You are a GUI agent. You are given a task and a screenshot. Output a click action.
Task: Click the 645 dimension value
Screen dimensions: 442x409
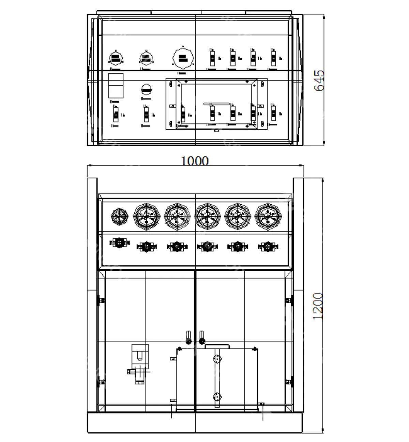click(x=319, y=80)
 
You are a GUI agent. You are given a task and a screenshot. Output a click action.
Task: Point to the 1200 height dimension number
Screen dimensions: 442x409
click(x=318, y=306)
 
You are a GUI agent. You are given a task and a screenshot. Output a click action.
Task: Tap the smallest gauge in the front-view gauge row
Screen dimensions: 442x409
click(x=120, y=216)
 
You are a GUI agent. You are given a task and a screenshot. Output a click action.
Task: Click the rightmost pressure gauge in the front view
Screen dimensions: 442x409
click(x=268, y=216)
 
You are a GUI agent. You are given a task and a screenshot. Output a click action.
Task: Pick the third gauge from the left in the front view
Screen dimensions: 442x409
click(x=177, y=216)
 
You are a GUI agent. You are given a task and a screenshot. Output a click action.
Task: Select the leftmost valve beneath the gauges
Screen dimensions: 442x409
click(x=119, y=243)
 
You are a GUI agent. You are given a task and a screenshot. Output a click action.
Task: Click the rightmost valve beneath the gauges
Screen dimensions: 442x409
click(x=268, y=246)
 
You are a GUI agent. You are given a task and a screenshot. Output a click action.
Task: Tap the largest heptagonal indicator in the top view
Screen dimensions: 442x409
click(x=183, y=58)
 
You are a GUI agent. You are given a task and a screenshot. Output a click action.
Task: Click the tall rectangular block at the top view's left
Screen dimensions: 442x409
click(x=116, y=85)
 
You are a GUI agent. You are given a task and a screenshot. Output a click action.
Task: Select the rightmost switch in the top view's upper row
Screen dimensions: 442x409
click(x=273, y=57)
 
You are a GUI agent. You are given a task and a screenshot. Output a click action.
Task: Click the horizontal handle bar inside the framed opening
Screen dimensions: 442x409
click(x=217, y=103)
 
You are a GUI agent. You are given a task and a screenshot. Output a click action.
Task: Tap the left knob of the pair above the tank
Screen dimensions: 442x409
click(x=187, y=336)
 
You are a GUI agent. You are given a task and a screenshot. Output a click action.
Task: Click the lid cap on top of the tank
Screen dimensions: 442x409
click(x=217, y=346)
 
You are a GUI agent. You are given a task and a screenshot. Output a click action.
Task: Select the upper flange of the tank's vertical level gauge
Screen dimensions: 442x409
click(x=217, y=359)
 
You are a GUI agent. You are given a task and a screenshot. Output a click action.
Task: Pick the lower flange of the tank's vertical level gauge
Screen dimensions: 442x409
click(x=217, y=396)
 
